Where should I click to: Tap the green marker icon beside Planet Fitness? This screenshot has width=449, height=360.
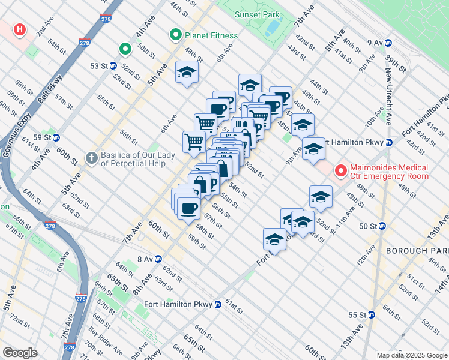coord(176,35)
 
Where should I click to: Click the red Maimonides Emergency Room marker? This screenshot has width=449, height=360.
coord(341,172)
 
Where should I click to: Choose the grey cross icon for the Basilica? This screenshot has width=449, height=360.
coord(91,158)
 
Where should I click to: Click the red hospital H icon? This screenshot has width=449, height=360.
coord(20,29)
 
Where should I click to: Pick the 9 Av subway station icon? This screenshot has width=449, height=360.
coord(388,43)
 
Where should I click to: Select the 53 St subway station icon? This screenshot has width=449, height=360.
coord(113,65)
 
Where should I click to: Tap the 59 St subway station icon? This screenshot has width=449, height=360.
coord(56,137)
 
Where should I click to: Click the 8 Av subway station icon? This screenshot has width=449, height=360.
coord(158,259)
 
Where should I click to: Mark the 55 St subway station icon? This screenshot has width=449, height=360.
coord(372,314)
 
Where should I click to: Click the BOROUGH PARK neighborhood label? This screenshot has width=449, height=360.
coord(417,250)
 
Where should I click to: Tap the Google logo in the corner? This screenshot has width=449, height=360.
coord(20,353)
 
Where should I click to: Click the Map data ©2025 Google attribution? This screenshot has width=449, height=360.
coord(411,355)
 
